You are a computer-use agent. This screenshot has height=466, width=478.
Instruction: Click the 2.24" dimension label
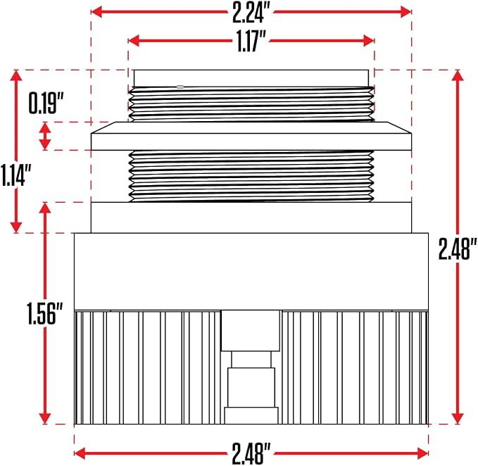[x=251, y=13]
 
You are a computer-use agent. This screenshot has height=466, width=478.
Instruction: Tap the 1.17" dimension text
[x=251, y=41]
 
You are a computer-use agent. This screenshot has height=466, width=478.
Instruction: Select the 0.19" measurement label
[x=46, y=103]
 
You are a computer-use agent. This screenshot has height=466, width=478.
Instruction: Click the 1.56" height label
[x=45, y=313]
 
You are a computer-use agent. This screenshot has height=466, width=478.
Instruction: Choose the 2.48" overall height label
[x=458, y=248]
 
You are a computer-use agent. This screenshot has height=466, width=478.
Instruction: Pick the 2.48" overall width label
[x=251, y=454]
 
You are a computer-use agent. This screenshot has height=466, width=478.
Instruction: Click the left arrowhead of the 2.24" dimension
[x=96, y=12]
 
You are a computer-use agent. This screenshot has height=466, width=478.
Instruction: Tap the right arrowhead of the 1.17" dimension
[x=369, y=41]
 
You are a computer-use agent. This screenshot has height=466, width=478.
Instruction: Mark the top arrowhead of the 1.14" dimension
[x=16, y=75]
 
